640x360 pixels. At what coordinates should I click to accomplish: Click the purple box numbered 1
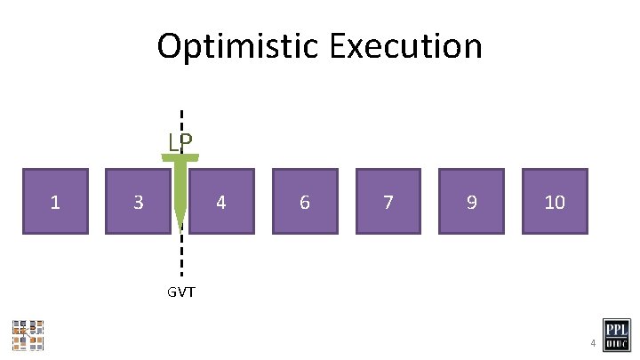click(x=55, y=201)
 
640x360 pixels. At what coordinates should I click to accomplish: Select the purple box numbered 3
click(x=138, y=201)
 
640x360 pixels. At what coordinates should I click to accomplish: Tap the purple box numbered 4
click(x=221, y=201)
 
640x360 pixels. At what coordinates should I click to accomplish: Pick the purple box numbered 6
click(x=305, y=201)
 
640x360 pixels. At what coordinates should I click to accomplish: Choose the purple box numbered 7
click(x=388, y=201)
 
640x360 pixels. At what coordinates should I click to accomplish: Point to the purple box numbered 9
click(x=471, y=201)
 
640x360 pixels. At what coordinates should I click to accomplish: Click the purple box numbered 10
click(x=555, y=201)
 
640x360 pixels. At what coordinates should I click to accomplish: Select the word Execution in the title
click(x=405, y=46)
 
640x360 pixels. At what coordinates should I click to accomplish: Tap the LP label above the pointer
click(x=181, y=142)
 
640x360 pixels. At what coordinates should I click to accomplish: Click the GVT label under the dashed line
click(x=180, y=292)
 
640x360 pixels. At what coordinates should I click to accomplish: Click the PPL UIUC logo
click(x=617, y=335)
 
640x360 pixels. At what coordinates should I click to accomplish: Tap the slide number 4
click(x=589, y=343)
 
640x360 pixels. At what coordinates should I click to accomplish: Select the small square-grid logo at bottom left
click(x=28, y=334)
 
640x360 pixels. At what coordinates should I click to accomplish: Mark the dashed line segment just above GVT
click(x=181, y=265)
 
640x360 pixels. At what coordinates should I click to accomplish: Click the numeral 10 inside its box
click(x=555, y=203)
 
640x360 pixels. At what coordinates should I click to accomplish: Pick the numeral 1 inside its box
click(x=55, y=203)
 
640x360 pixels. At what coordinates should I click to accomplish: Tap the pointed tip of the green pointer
click(x=181, y=226)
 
